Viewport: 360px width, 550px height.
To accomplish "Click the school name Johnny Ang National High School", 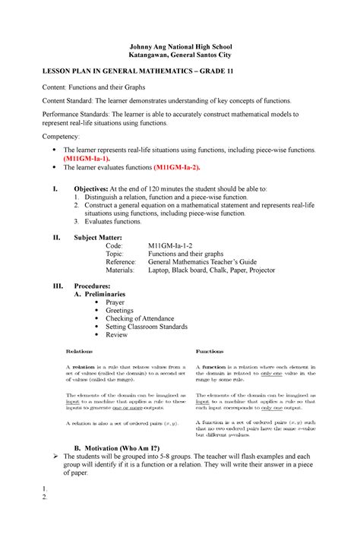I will pos(179,46).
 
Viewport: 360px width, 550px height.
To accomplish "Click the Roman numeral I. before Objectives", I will pos(51,188).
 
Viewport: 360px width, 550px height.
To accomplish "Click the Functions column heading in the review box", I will pos(210,352).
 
